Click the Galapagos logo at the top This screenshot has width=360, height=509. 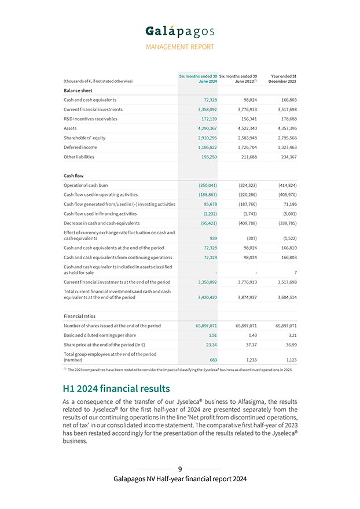[x=179, y=31]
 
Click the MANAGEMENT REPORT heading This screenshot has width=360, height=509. [x=179, y=47]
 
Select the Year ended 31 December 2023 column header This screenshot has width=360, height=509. [x=283, y=78]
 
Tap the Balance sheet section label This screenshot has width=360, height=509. [x=78, y=91]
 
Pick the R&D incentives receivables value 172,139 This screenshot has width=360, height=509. [x=208, y=119]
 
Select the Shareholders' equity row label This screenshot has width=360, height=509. [x=85, y=138]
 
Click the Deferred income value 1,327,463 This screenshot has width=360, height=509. [x=285, y=147]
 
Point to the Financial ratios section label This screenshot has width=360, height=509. [x=80, y=316]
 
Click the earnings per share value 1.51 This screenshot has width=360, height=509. [x=212, y=335]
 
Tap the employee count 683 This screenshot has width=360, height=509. [x=213, y=359]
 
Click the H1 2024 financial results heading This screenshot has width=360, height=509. [x=116, y=388]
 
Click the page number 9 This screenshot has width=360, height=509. [x=180, y=469]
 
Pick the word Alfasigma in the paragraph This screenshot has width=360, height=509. [x=257, y=401]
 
